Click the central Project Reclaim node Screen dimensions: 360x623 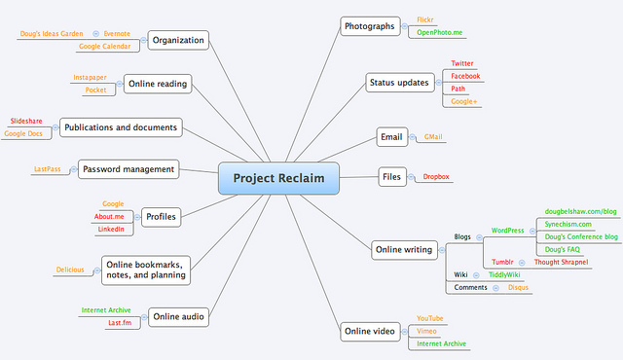click(x=277, y=178)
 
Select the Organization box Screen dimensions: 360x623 click(x=178, y=41)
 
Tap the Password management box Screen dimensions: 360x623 click(x=128, y=169)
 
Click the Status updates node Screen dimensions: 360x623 click(x=399, y=83)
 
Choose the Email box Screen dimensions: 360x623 click(x=391, y=137)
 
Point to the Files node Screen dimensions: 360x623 click(x=391, y=176)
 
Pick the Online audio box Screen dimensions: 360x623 click(x=178, y=316)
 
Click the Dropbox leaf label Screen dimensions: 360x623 click(x=435, y=176)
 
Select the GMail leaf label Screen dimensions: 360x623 click(x=433, y=137)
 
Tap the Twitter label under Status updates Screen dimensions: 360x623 click(x=462, y=63)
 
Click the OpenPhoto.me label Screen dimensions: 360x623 click(x=439, y=32)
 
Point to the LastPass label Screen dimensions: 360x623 click(x=47, y=169)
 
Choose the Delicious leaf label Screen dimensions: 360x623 click(x=69, y=270)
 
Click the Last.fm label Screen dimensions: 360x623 click(x=119, y=323)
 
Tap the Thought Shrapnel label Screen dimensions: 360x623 click(x=561, y=262)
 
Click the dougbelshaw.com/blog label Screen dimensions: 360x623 click(x=581, y=211)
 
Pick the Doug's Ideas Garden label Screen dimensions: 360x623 click(x=51, y=34)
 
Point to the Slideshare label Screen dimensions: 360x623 click(x=25, y=121)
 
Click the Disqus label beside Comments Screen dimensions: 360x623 click(x=518, y=287)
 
